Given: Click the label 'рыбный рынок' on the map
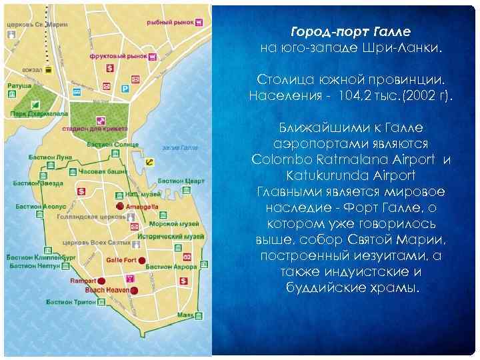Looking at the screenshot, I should coord(169,22).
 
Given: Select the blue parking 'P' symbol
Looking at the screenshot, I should coord(124,89).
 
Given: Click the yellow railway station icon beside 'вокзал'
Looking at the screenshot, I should coord(47,69).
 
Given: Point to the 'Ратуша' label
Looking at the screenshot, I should coord(19,85).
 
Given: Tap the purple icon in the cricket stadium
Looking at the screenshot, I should coord(100,120).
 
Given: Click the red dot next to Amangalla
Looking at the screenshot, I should coord(120,207).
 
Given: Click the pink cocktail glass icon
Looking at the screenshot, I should coord(131,277).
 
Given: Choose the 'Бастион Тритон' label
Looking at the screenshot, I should coord(71,302).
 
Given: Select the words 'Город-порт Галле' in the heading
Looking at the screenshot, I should coord(351,32).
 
